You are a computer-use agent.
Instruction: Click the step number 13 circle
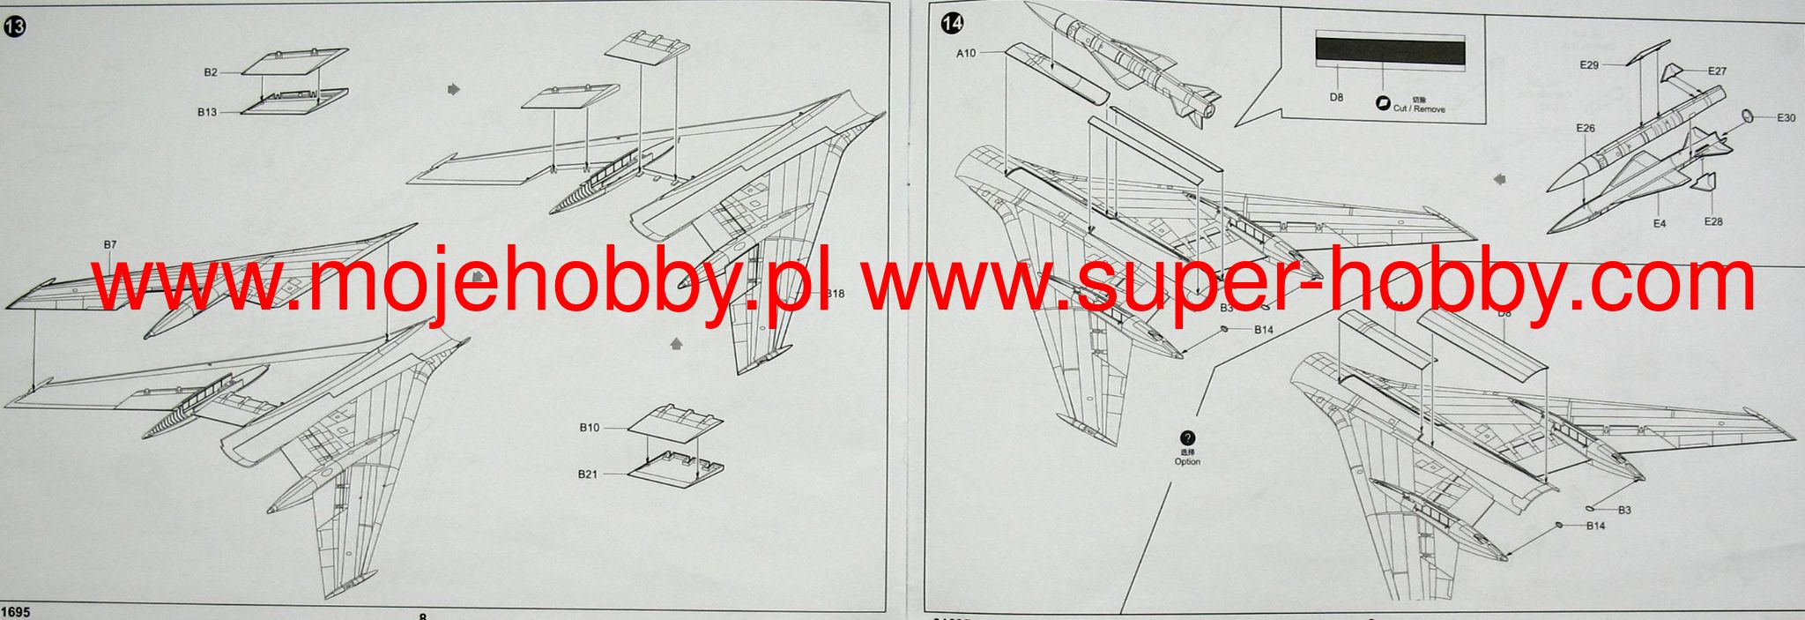[x=15, y=27]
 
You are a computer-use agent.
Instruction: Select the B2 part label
[x=211, y=72]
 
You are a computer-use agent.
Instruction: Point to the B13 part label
[x=206, y=112]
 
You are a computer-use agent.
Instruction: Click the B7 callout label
[x=110, y=244]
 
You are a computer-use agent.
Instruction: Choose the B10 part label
[x=589, y=428]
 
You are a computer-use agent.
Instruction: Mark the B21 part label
[x=589, y=474]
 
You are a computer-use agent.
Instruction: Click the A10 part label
[x=967, y=54]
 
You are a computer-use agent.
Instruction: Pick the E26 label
[x=1586, y=129]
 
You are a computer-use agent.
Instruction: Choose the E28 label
[x=1712, y=221]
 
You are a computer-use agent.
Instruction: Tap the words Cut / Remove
[x=1418, y=108]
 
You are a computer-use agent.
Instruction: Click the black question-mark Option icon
[x=1187, y=438]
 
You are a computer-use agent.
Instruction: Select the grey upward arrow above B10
[x=676, y=344]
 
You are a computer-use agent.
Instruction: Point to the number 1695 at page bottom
[x=17, y=612]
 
